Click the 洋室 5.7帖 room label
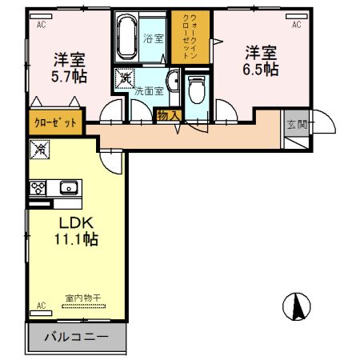pos(70,67)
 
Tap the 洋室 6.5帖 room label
pos(260,60)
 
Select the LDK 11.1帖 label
pos(76,230)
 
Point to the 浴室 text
pos(153,38)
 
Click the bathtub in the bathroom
pos(126,37)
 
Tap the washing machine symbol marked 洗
pos(126,78)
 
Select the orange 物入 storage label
pos(168,116)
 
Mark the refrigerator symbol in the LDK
pos(40,148)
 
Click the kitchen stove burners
pos(38,188)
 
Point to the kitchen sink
pos(68,188)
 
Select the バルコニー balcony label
pos(77,336)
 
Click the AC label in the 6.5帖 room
pos(296,25)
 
